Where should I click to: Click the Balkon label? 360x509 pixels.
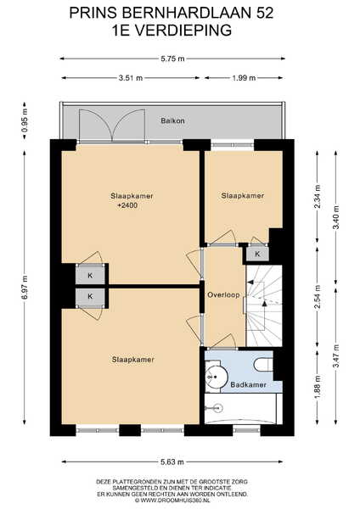pyautogui.click(x=172, y=120)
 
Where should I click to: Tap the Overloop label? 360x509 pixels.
pyautogui.click(x=223, y=294)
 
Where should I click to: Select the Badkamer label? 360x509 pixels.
pyautogui.click(x=248, y=384)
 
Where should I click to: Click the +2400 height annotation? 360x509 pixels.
pyautogui.click(x=127, y=205)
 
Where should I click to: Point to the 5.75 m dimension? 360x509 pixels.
pyautogui.click(x=172, y=59)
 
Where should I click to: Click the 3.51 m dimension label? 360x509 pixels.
pyautogui.click(x=131, y=78)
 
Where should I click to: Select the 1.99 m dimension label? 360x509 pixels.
pyautogui.click(x=244, y=78)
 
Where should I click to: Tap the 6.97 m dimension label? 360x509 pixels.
pyautogui.click(x=25, y=288)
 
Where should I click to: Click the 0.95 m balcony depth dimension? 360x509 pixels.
pyautogui.click(x=25, y=120)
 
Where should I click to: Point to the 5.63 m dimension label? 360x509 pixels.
pyautogui.click(x=172, y=462)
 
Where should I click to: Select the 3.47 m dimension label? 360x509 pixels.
pyautogui.click(x=335, y=355)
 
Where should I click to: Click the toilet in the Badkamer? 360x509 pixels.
pyautogui.click(x=263, y=365)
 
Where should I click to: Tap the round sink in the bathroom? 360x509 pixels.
pyautogui.click(x=216, y=377)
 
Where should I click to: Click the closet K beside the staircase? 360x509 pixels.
pyautogui.click(x=257, y=254)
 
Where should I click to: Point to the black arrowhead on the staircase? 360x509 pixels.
pyautogui.click(x=264, y=304)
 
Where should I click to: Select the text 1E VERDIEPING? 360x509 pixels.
pyautogui.click(x=172, y=31)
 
